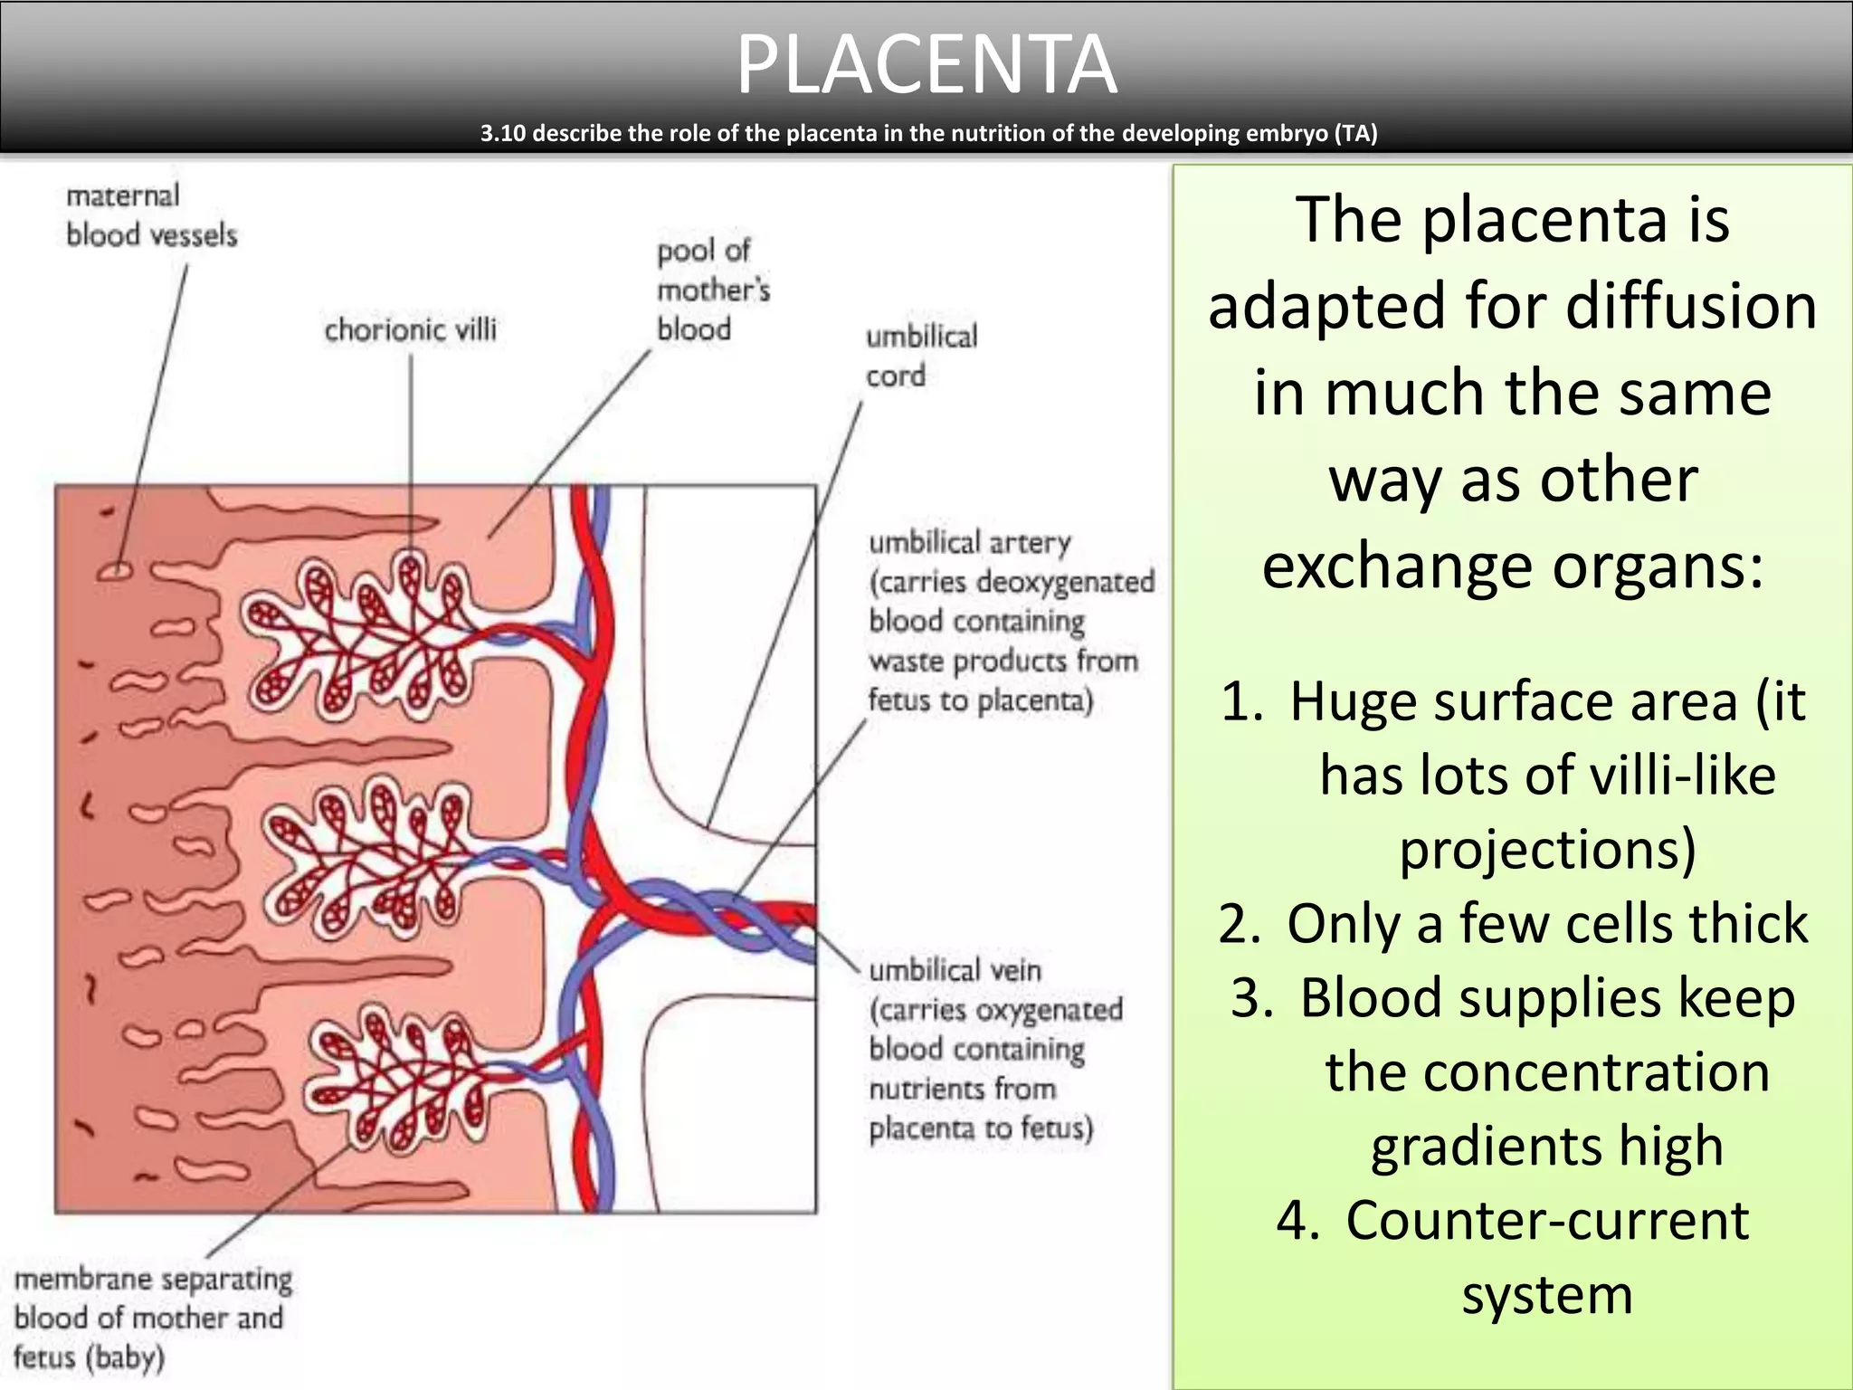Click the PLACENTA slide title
click(x=926, y=65)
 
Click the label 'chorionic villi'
click(x=410, y=330)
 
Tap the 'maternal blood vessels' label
click(x=150, y=215)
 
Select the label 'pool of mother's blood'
click(x=713, y=290)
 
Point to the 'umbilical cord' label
click(x=921, y=356)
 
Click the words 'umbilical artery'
click(x=969, y=543)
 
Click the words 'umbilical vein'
click(x=955, y=971)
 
